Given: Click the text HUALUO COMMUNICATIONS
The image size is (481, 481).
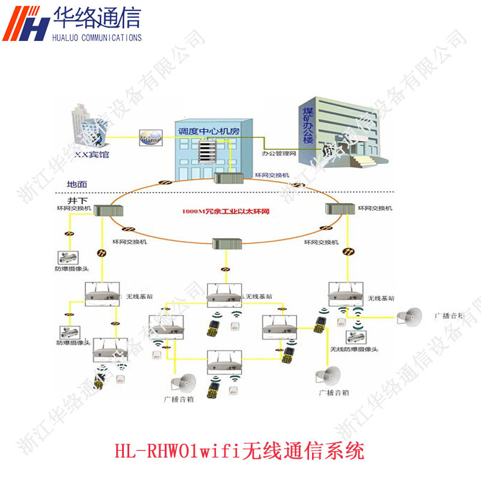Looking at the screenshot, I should [97, 37].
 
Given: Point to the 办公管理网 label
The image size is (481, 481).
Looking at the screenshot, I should [280, 154].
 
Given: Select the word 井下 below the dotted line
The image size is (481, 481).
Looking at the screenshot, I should [76, 198].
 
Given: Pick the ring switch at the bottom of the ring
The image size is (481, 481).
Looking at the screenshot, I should [227, 244].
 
